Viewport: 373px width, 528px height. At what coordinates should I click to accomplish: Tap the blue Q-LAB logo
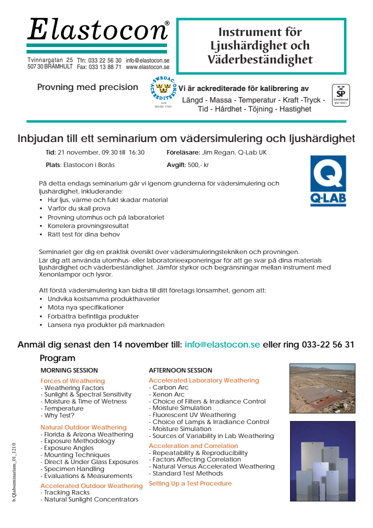(x=328, y=180)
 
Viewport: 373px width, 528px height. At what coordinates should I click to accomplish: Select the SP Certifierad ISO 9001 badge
(x=340, y=95)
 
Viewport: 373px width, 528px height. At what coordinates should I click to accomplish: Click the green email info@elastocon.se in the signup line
(x=222, y=344)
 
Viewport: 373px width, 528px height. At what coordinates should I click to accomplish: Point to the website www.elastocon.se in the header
(x=147, y=67)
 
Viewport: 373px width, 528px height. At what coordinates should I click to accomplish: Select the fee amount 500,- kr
(x=198, y=164)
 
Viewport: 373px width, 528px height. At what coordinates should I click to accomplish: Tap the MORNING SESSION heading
(x=69, y=370)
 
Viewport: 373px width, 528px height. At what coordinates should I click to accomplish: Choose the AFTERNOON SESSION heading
(x=180, y=370)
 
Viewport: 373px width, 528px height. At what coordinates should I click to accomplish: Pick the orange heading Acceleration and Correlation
(x=193, y=446)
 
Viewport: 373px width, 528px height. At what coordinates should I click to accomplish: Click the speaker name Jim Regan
(x=218, y=152)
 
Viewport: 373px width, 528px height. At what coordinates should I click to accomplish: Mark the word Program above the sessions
(x=57, y=358)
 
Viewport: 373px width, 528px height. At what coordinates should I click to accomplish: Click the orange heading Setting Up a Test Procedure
(x=190, y=483)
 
